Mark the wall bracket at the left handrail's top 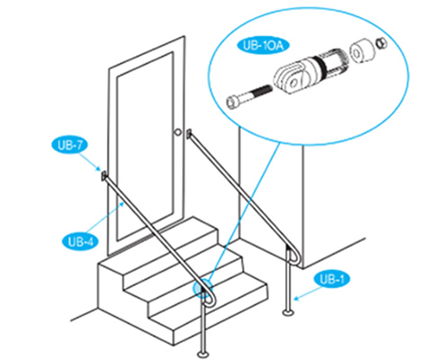(x=104, y=175)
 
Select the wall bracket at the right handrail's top (x=189, y=134)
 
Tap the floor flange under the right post (x=287, y=314)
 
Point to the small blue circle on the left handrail (x=203, y=291)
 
